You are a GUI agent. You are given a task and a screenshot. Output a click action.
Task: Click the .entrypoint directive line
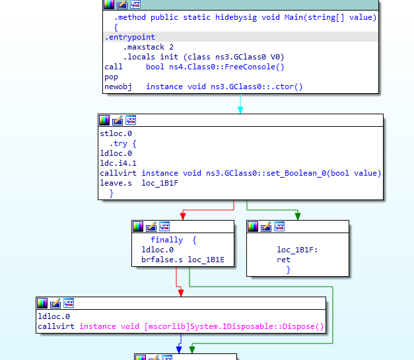(129, 37)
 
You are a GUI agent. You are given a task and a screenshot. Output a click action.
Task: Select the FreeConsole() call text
(254, 67)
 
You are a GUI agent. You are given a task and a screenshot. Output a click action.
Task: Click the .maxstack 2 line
(149, 47)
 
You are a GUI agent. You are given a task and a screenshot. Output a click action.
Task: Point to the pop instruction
(111, 77)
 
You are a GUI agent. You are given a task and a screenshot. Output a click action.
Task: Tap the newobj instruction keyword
(118, 87)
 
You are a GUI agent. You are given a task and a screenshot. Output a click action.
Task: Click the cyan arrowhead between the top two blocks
(240, 110)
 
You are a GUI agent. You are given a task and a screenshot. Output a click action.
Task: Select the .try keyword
(119, 144)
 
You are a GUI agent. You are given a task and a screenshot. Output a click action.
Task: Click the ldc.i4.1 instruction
(118, 163)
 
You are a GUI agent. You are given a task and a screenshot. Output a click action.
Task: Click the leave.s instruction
(116, 183)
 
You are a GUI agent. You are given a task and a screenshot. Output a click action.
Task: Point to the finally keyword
(166, 240)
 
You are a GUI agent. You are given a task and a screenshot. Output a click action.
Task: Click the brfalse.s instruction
(162, 260)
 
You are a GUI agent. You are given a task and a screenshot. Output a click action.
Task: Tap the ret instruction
(283, 260)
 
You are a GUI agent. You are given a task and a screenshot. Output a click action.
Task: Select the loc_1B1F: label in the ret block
(297, 250)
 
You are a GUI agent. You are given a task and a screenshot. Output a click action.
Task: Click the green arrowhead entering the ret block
(298, 216)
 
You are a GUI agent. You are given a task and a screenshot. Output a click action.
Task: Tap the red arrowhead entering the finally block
(183, 216)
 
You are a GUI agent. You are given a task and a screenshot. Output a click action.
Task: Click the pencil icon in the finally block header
(151, 227)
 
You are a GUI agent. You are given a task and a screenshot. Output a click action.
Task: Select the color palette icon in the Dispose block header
(42, 303)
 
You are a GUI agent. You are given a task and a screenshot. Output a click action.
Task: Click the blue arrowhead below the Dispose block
(179, 349)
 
